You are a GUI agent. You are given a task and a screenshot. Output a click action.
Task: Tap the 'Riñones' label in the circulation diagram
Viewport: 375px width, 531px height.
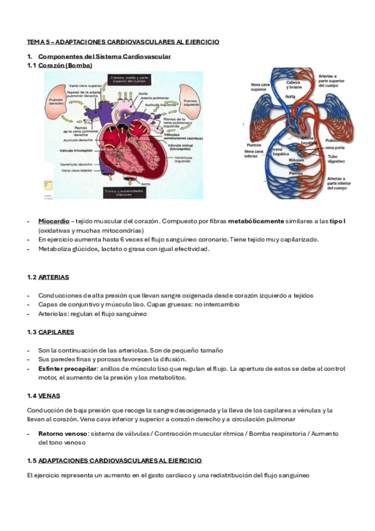point(297,160)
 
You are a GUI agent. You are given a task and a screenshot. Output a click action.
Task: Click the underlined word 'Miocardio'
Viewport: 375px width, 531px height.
point(53,221)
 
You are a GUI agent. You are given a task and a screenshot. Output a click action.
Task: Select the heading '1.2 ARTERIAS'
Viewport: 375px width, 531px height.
point(48,277)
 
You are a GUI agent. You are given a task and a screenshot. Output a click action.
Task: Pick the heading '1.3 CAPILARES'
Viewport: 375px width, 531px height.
point(51,332)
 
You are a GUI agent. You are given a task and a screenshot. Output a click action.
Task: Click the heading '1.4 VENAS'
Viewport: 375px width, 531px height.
point(44,396)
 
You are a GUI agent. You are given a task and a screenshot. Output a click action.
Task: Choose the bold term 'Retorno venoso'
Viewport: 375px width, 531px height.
point(62,433)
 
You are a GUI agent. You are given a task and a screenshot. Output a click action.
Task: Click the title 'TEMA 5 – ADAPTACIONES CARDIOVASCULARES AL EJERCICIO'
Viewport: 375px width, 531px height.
point(123,41)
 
